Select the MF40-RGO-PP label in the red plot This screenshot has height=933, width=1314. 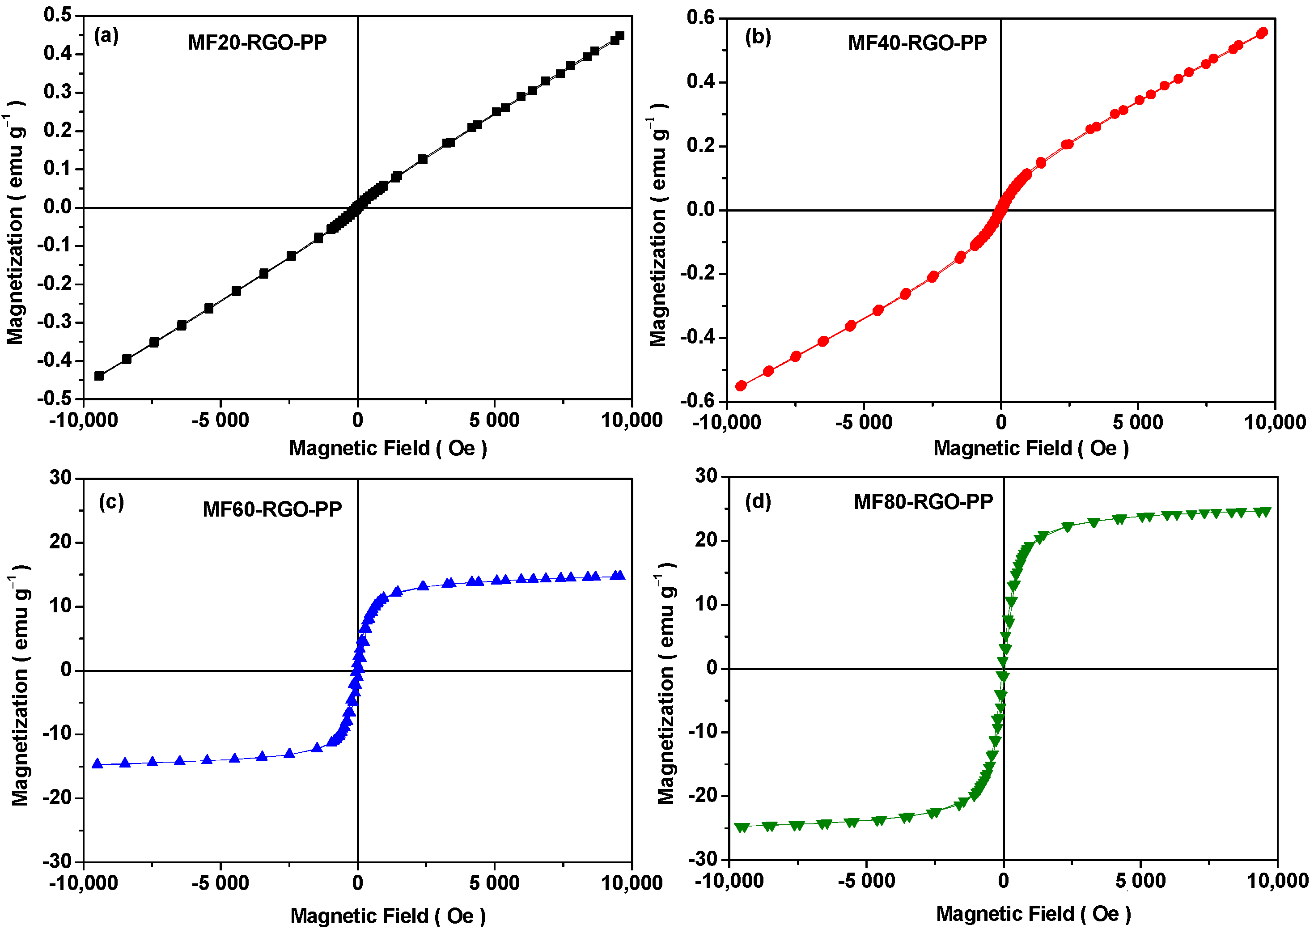click(917, 43)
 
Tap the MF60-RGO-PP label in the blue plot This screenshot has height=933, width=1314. click(272, 509)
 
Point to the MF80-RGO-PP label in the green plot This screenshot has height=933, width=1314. click(924, 502)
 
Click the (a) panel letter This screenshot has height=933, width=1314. click(106, 36)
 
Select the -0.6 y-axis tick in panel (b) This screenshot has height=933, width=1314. click(699, 400)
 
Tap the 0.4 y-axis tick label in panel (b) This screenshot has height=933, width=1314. click(702, 81)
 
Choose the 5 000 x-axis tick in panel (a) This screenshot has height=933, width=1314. click(494, 420)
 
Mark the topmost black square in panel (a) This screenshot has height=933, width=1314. click(619, 36)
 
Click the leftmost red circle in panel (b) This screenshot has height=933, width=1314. click(741, 386)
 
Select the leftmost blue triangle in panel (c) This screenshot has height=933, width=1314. click(97, 763)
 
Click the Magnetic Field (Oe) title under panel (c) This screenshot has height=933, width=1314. click(388, 915)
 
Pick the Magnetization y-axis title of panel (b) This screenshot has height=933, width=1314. click(658, 226)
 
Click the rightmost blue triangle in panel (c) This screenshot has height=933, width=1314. click(619, 575)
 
